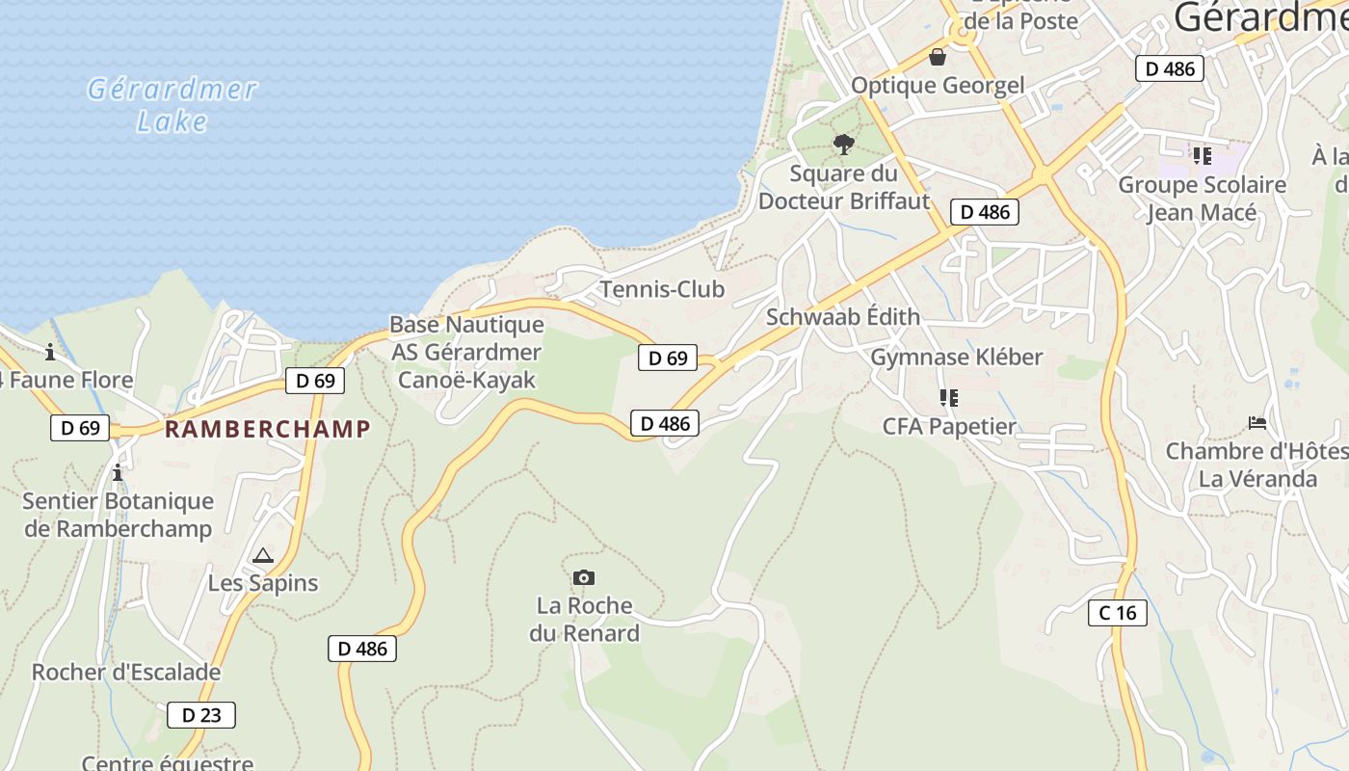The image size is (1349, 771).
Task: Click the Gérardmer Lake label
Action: click(172, 105)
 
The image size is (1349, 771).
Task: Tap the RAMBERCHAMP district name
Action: click(268, 429)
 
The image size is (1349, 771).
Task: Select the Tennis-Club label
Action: click(662, 289)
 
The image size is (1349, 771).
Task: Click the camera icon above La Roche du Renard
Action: click(583, 578)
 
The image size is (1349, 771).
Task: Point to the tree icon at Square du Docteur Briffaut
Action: click(844, 146)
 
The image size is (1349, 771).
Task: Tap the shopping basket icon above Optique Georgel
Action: click(938, 58)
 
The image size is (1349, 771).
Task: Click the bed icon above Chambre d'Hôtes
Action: click(1256, 423)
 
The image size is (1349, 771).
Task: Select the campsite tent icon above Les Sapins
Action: click(262, 556)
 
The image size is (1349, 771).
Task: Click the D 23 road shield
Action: click(201, 715)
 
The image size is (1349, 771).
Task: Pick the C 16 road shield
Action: click(1118, 613)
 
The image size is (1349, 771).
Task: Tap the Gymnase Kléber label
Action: click(957, 358)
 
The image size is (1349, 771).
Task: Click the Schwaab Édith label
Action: click(843, 317)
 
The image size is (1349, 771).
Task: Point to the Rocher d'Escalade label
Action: click(126, 672)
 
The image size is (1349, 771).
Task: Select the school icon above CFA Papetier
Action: click(949, 398)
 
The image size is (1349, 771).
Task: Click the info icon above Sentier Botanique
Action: click(118, 473)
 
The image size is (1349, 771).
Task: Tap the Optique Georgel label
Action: click(938, 86)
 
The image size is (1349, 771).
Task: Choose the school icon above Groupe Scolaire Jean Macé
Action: click(1202, 155)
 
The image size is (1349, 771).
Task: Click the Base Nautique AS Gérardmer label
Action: click(466, 338)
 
